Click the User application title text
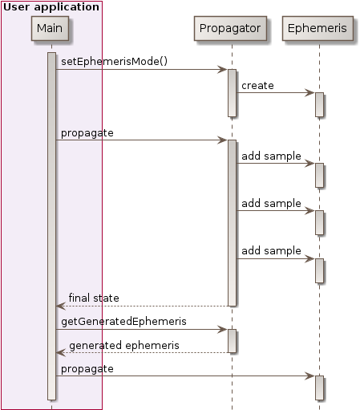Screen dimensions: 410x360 51,7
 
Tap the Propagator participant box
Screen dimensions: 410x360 231,29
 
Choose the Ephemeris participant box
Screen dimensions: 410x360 318,29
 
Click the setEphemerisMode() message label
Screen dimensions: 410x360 114,61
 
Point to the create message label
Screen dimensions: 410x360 257,84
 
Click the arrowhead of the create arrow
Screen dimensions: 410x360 310,93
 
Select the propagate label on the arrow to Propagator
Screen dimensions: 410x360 87,132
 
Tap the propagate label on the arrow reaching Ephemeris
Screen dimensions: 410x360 87,368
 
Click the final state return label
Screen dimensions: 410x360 93,298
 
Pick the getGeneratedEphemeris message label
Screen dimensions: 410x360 123,321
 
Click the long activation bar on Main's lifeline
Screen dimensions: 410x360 51,225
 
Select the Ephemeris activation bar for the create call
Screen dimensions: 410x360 318,104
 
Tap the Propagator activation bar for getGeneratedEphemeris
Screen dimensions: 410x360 232,341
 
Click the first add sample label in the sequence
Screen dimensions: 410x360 271,156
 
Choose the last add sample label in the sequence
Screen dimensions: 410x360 271,250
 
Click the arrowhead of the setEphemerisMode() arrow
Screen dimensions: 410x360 223,70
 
